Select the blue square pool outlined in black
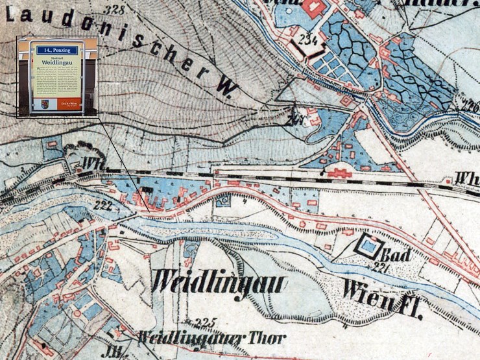[x=368, y=246]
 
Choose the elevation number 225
[x=205, y=322]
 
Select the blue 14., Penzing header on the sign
[x=57, y=50]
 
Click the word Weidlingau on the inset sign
[x=57, y=61]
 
